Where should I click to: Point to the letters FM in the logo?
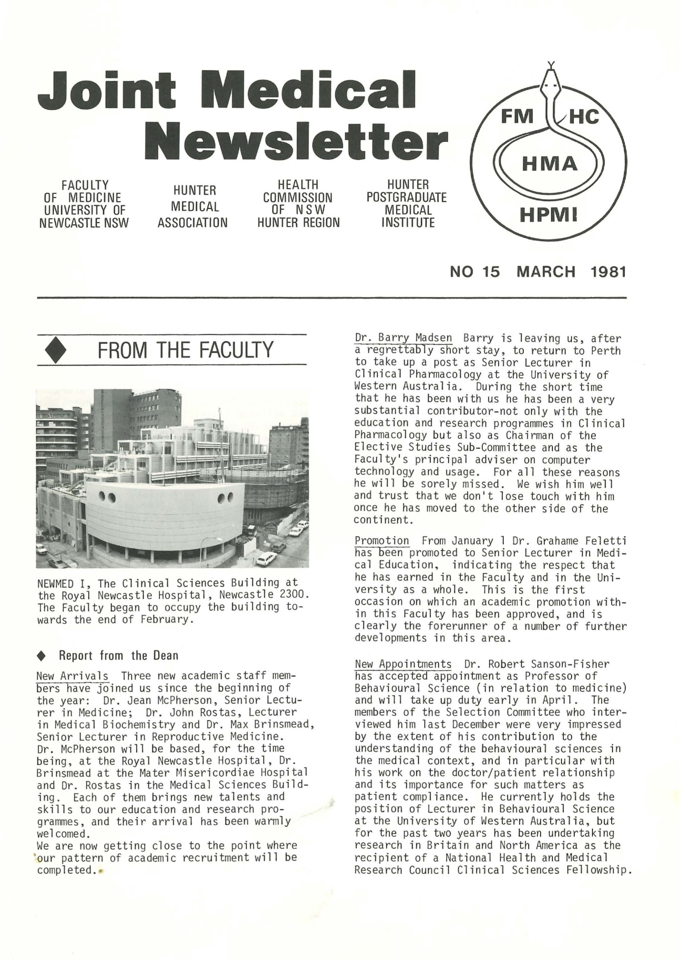tap(517, 116)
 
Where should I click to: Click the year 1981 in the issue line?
tap(608, 272)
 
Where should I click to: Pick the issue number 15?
tap(490, 272)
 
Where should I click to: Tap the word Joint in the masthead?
tap(107, 89)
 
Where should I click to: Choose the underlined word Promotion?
tap(382, 541)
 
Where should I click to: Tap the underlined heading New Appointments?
tap(403, 664)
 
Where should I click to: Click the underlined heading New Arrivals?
tap(72, 676)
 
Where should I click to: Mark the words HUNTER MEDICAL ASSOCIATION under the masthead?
tap(192, 207)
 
